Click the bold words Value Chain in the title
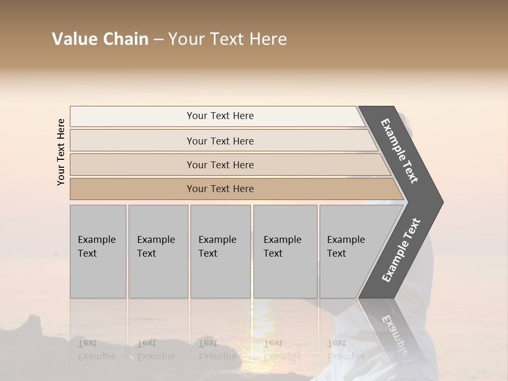pyautogui.click(x=100, y=39)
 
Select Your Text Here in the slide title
pyautogui.click(x=228, y=39)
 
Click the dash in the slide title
pyautogui.click(x=158, y=40)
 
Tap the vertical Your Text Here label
pyautogui.click(x=61, y=152)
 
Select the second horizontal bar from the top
pyautogui.click(x=220, y=141)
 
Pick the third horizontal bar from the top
pyautogui.click(x=220, y=165)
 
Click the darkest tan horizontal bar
pyautogui.click(x=220, y=189)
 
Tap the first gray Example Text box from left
pyautogui.click(x=98, y=251)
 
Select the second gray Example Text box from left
pyautogui.click(x=158, y=251)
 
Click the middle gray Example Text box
pyautogui.click(x=220, y=251)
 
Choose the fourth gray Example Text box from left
pyautogui.click(x=285, y=251)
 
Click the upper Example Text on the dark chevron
pyautogui.click(x=400, y=151)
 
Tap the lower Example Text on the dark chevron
pyautogui.click(x=401, y=250)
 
